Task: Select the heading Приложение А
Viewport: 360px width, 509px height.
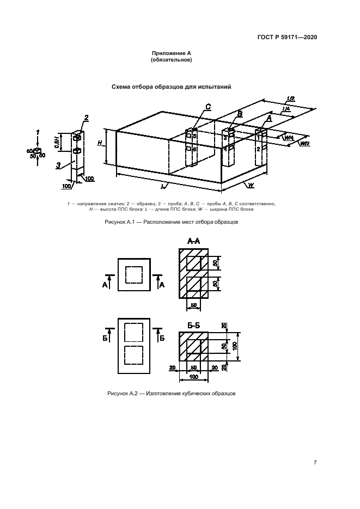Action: [171, 53]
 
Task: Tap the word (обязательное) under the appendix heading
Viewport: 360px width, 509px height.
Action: [171, 60]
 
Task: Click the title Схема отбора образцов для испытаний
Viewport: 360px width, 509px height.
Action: [171, 86]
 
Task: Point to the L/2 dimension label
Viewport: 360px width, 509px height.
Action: [290, 99]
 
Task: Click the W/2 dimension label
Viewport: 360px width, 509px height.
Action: [304, 143]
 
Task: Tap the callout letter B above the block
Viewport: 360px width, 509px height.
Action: [240, 113]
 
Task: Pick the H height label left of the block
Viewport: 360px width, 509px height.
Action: [100, 143]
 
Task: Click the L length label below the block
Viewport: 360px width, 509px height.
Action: [163, 186]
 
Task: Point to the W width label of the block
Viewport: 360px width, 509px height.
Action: [252, 186]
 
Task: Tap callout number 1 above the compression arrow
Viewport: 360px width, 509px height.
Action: [38, 132]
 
